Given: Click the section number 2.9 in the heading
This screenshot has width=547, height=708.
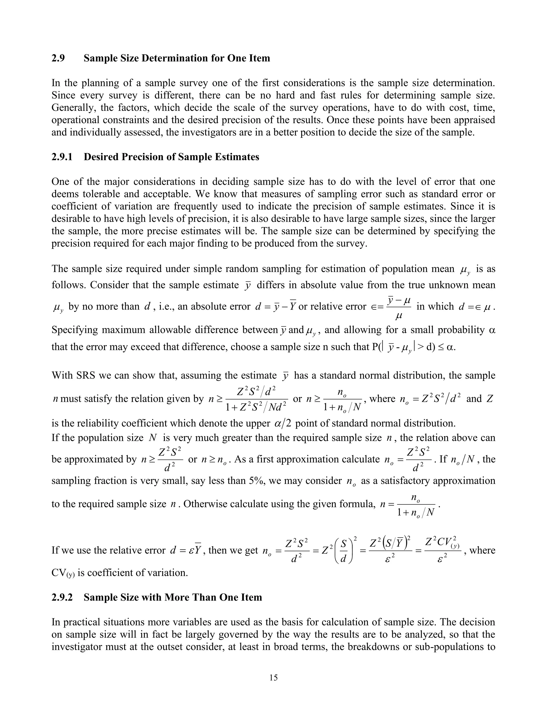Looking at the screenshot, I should tap(58, 58).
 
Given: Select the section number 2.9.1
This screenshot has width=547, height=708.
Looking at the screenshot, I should tap(62, 157).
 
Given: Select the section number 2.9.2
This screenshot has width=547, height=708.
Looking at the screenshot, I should tap(62, 597).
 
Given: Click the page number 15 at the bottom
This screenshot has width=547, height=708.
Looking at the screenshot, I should tap(273, 678).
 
